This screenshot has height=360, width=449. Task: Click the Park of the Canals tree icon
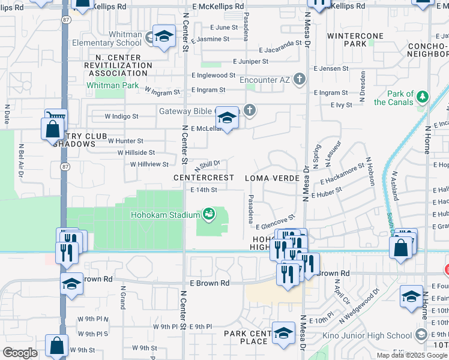pos(423,96)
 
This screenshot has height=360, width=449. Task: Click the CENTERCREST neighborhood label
pos(203,178)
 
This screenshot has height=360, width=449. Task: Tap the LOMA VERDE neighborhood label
pos(272,178)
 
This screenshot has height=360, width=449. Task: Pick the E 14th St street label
pos(203,190)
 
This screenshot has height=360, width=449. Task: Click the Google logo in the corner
pos(19,353)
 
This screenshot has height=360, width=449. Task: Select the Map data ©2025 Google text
pos(412,355)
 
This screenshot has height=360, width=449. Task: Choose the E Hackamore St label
pos(342,173)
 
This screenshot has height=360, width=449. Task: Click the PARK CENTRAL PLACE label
pos(246,337)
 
